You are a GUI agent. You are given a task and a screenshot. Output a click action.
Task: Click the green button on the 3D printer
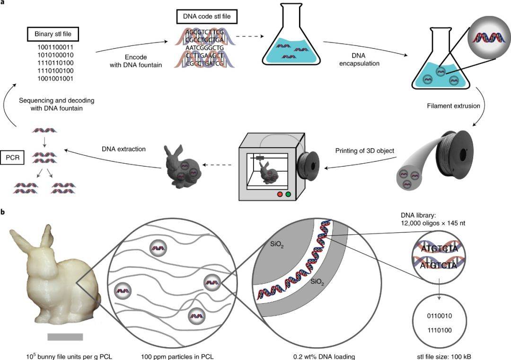288,194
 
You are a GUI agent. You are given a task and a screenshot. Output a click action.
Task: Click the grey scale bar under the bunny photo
65,337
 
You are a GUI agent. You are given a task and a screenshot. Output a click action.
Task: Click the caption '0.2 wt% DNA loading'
322,355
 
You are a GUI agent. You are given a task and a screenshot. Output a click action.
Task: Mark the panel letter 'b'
3,213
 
